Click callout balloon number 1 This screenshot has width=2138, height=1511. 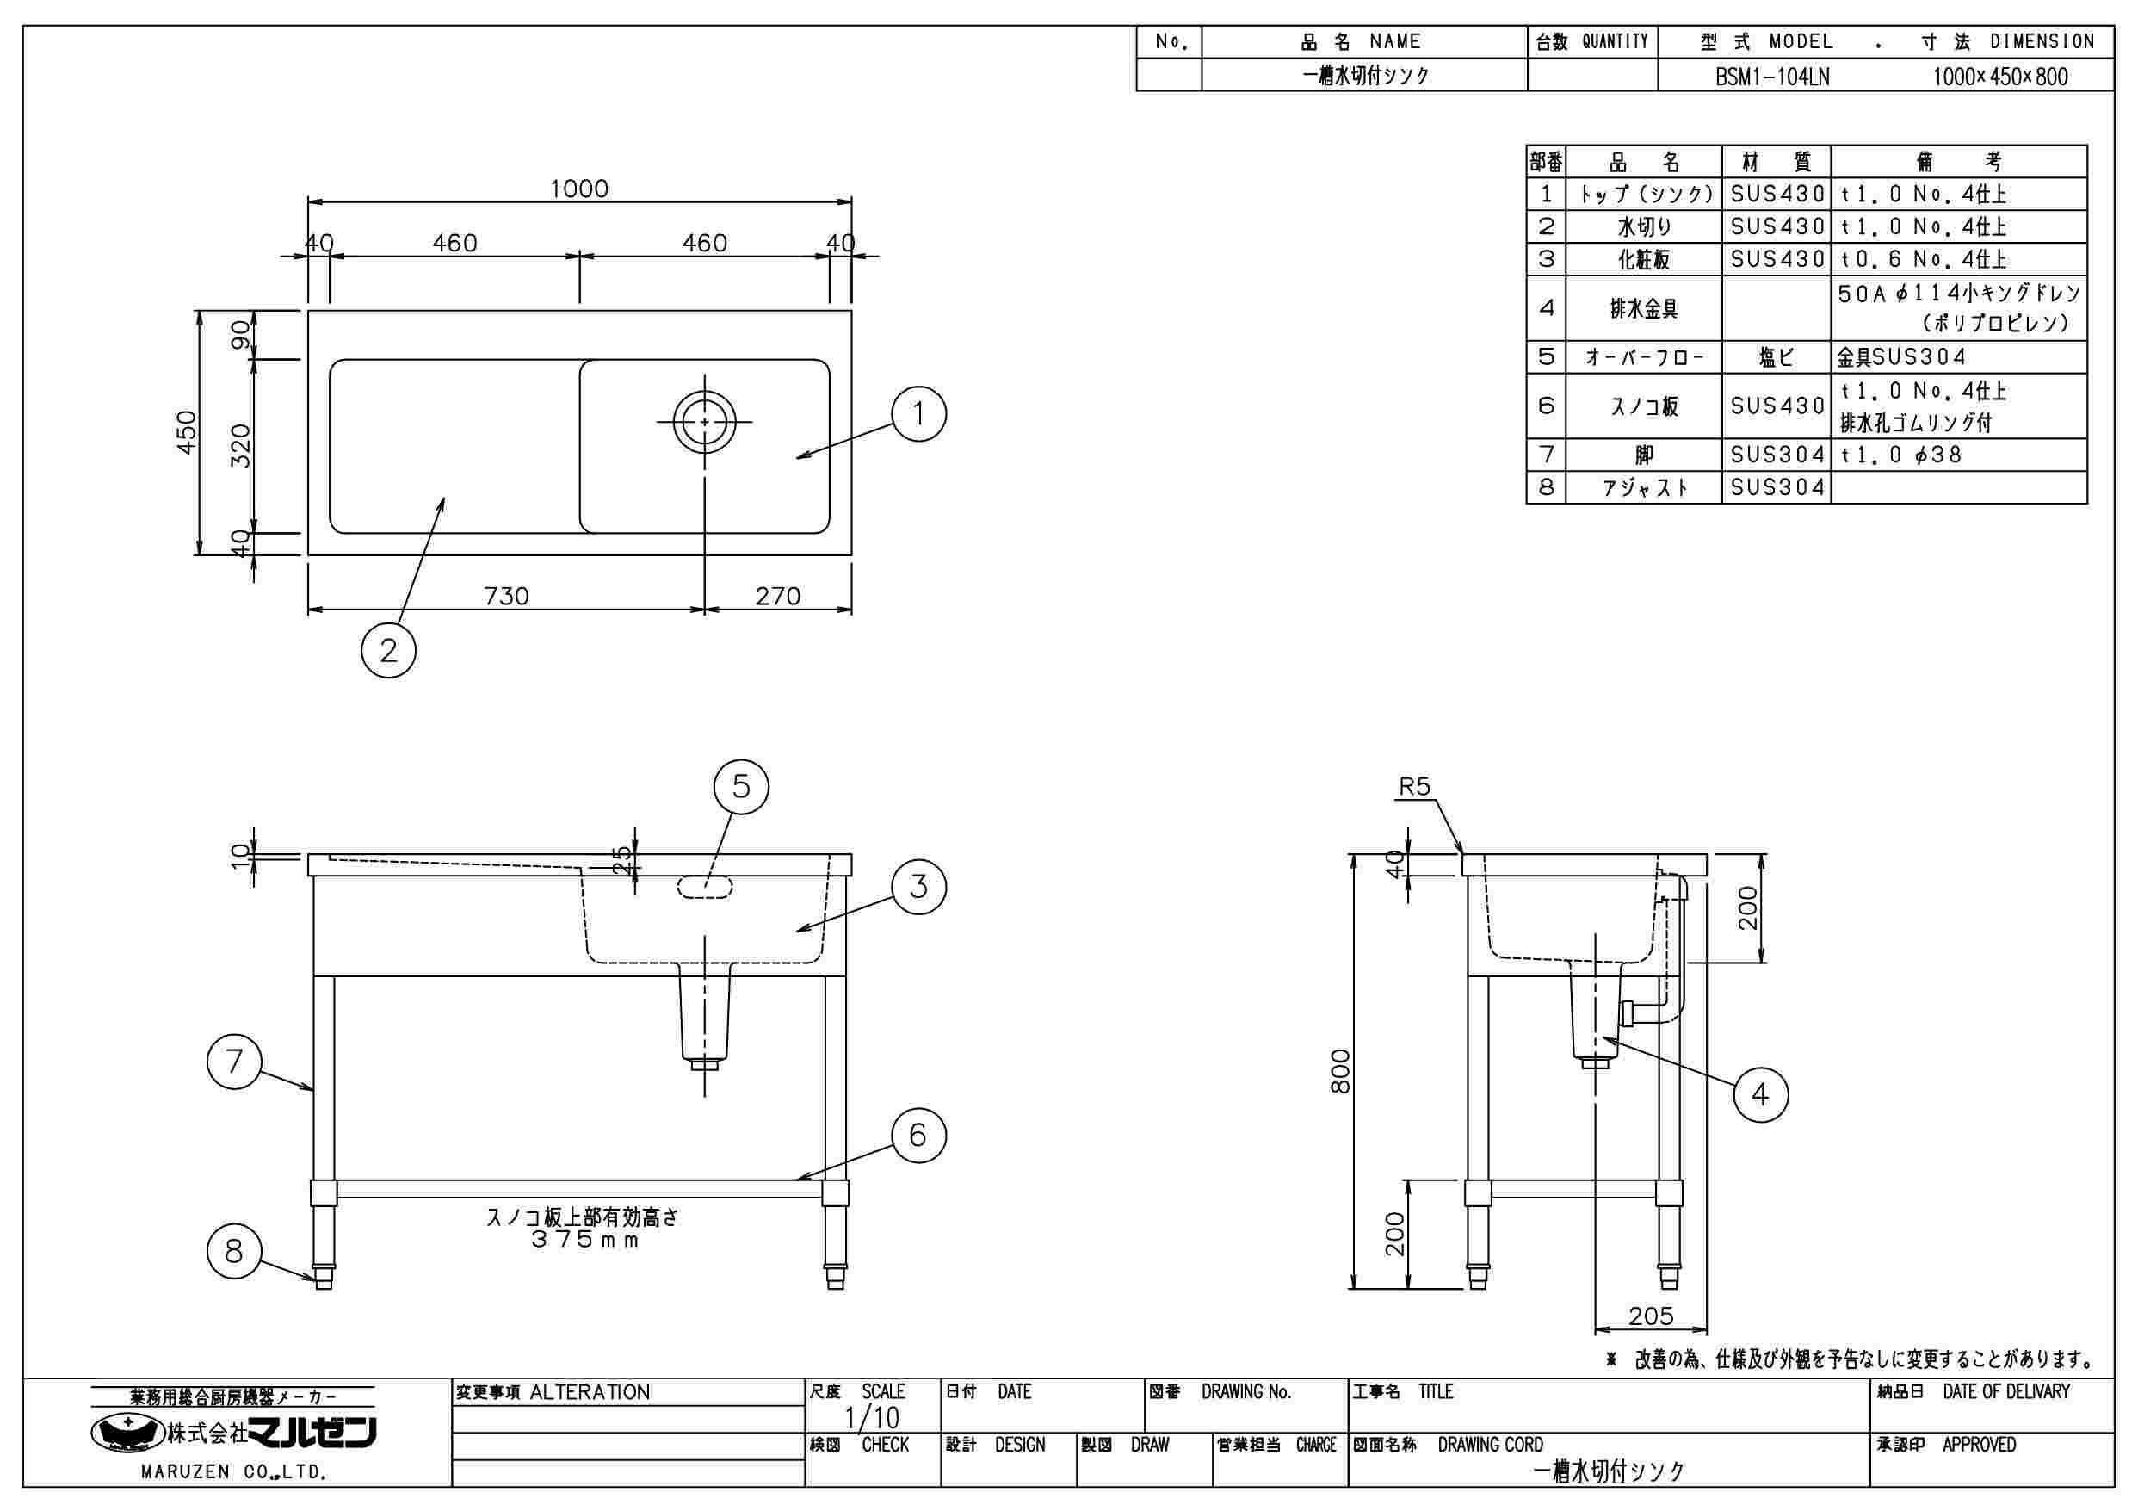(918, 413)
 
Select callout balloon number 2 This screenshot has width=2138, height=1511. (388, 650)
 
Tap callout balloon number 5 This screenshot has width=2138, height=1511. (740, 787)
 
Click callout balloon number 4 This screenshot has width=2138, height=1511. (1760, 1094)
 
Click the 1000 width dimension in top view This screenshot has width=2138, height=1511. (578, 189)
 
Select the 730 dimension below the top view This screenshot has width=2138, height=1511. (507, 595)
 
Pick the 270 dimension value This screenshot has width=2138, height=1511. (778, 595)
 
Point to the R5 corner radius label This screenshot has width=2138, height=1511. (1413, 787)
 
